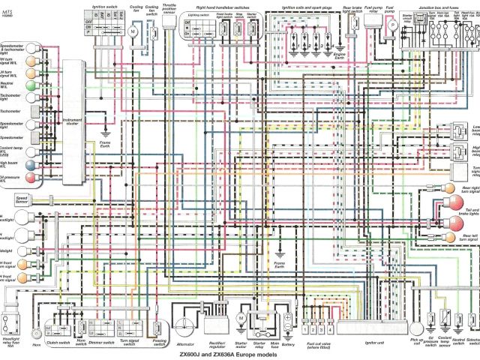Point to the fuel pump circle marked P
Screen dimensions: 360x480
tap(391, 25)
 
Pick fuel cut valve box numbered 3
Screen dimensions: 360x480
tap(322, 328)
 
